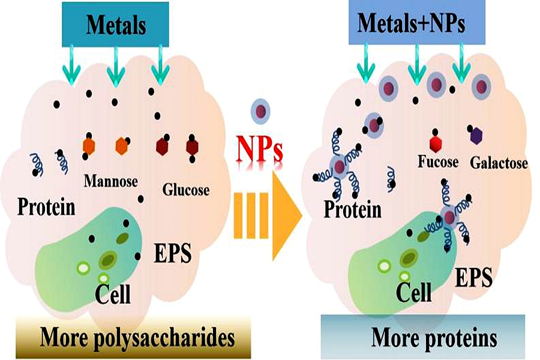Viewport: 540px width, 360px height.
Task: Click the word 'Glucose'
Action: point(186,190)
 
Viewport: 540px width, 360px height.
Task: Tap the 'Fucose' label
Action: point(437,163)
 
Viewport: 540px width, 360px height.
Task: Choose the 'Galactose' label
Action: point(499,163)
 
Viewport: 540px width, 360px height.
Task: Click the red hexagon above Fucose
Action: point(436,143)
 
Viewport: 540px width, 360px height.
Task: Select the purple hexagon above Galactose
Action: point(477,136)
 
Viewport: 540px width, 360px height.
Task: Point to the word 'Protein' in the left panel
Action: point(46,207)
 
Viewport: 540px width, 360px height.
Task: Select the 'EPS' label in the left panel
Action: point(172,254)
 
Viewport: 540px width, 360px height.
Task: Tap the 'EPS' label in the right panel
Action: point(474,277)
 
